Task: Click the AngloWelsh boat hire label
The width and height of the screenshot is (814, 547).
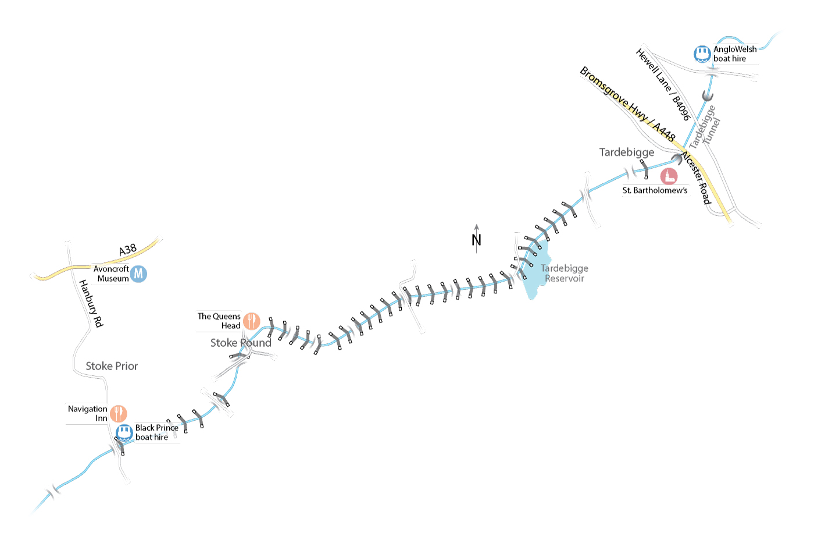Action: point(735,54)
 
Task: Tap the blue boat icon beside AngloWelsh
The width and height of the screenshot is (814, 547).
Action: point(702,54)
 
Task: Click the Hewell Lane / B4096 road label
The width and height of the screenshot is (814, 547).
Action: point(663,84)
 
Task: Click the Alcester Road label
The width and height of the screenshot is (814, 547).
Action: point(696,177)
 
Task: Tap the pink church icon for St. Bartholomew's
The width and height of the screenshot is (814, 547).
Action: point(669,176)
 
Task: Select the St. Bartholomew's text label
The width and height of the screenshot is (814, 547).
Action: point(655,190)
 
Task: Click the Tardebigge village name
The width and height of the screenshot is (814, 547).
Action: point(626,152)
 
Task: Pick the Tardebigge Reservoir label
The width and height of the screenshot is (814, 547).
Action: point(564,273)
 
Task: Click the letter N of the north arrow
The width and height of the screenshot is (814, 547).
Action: point(476,240)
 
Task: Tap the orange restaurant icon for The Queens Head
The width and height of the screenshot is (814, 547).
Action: point(251,321)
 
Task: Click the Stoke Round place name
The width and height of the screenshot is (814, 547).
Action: point(241,343)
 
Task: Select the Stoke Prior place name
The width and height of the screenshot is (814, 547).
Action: point(112,366)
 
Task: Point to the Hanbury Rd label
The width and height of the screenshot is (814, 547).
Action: point(91,303)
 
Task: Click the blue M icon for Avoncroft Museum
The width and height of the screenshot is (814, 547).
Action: point(138,273)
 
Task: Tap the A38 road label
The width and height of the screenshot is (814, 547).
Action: point(127,250)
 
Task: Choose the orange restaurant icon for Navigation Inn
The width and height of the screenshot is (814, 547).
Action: point(119,414)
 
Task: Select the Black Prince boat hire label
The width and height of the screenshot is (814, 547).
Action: point(156,432)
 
